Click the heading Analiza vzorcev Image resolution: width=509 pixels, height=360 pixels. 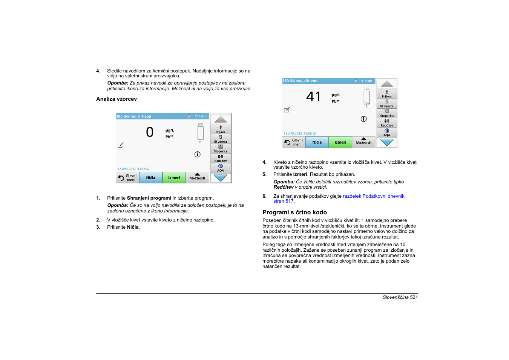[x=117, y=99]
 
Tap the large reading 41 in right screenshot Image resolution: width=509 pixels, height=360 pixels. [x=313, y=97]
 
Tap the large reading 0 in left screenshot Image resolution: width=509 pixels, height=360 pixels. [x=150, y=132]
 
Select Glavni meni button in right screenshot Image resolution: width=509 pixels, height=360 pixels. [x=294, y=142]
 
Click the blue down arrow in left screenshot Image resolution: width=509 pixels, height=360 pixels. [x=221, y=178]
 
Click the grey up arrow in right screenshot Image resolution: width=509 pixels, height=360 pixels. [x=387, y=84]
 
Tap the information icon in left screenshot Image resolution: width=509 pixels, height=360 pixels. [x=197, y=154]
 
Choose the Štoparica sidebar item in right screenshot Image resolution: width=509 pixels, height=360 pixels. [x=387, y=113]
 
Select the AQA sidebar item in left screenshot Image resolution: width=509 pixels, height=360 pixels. [x=221, y=168]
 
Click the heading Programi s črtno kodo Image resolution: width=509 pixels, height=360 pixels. [x=294, y=212]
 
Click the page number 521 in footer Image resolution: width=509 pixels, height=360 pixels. [x=414, y=297]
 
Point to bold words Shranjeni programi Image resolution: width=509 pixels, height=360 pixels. [x=149, y=198]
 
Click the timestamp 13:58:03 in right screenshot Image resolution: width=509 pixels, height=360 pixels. [x=310, y=134]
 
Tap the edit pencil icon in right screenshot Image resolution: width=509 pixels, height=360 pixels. [x=287, y=110]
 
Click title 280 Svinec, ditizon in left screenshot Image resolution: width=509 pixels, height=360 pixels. [x=133, y=116]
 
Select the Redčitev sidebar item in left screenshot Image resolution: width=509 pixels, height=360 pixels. [x=221, y=158]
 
